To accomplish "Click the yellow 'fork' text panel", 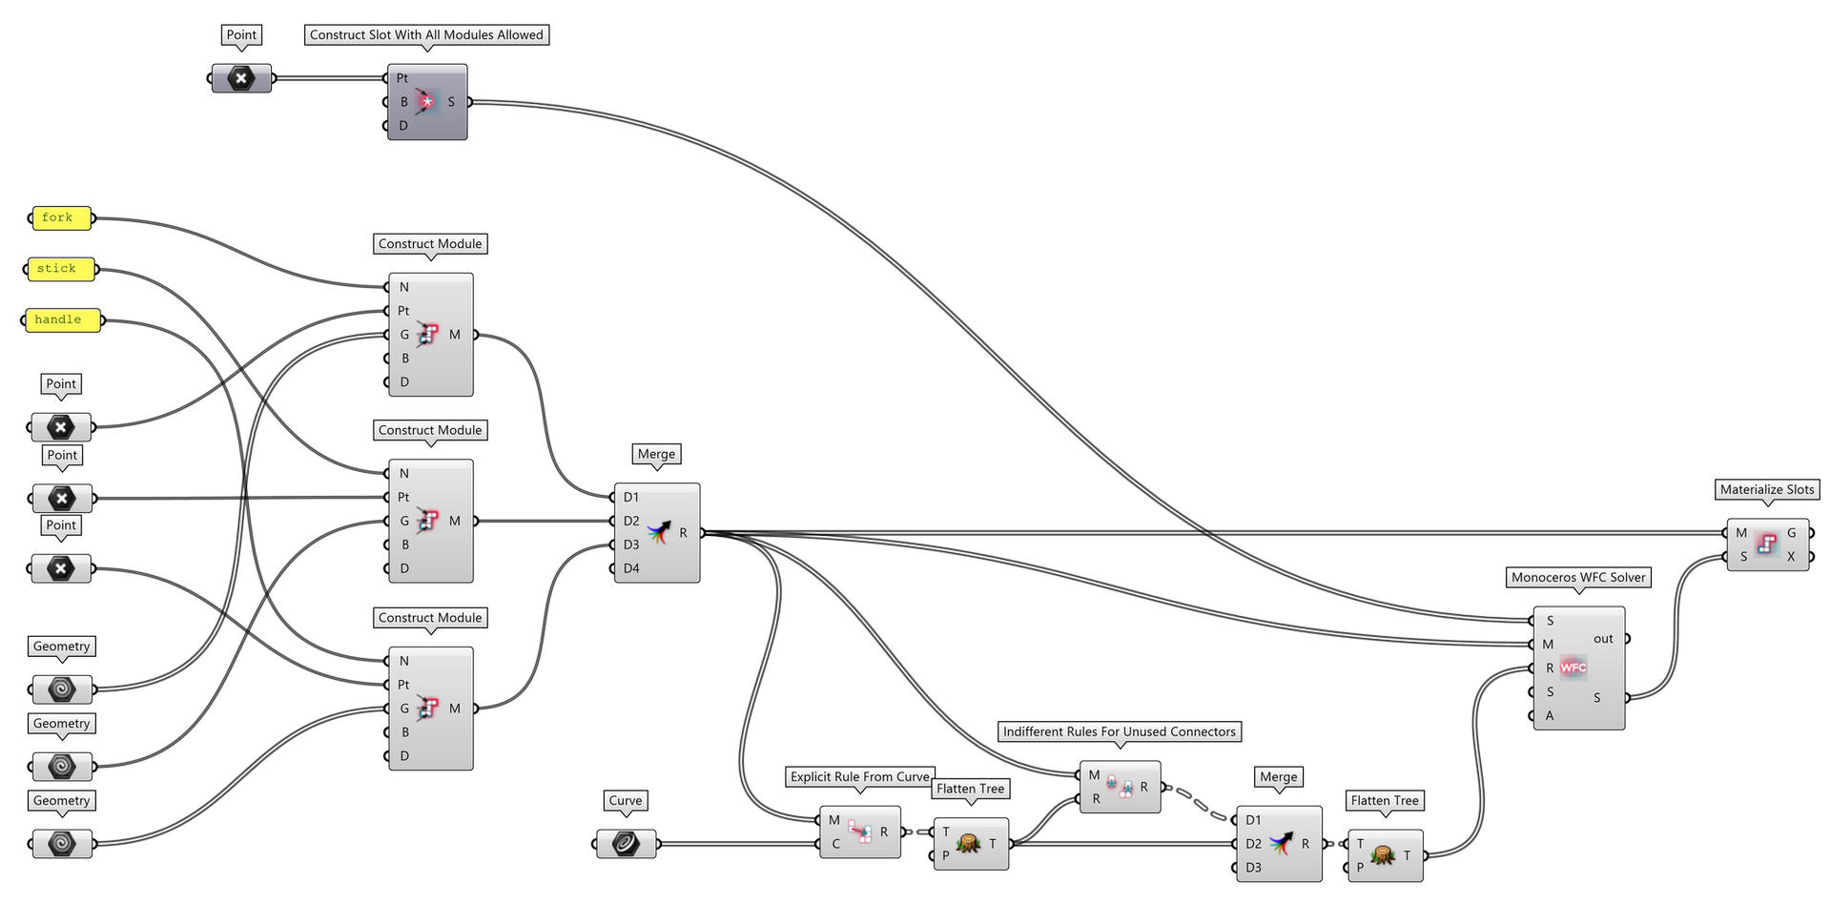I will coord(60,218).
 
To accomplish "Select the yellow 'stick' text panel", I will coord(60,270).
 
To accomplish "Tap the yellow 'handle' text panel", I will coord(61,320).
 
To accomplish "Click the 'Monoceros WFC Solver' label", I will coord(1578,577).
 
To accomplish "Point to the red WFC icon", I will coord(1574,668).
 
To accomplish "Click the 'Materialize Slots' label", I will coord(1767,489).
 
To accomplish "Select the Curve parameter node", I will coord(626,844).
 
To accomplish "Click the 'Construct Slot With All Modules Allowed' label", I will coord(426,34).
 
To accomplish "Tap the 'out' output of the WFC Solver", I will coord(1604,639).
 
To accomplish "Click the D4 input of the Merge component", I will coord(630,568).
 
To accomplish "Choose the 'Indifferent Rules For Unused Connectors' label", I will coord(1119,731).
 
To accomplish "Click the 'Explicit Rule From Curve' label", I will coord(859,776).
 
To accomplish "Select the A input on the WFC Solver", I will coord(1550,715).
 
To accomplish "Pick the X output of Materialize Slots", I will coord(1791,557).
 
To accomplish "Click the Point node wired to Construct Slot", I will coord(241,78).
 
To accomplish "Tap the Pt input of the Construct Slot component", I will coord(402,78).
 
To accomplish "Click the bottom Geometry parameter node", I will coord(62,844).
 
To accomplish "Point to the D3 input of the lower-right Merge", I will coord(1253,868).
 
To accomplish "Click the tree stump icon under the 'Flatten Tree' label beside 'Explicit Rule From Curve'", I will coord(969,844).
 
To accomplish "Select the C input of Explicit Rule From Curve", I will coord(835,844).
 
